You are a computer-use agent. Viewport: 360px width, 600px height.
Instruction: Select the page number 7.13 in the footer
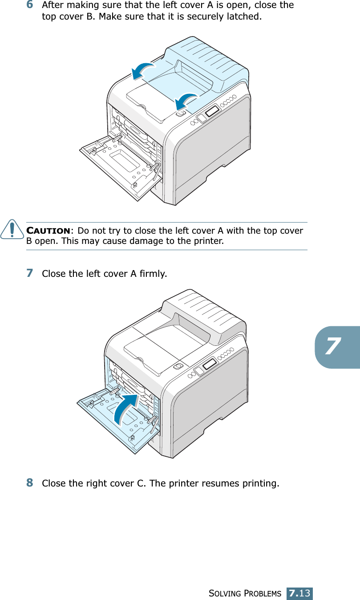click(x=299, y=593)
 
